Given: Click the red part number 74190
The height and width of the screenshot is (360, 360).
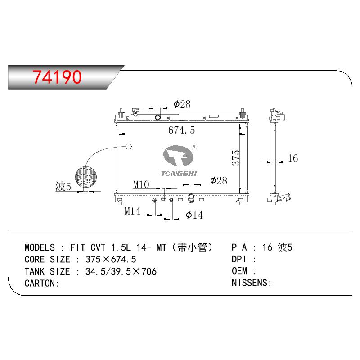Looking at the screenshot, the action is [x=57, y=76].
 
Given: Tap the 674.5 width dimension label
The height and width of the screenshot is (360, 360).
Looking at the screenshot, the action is [x=181, y=130].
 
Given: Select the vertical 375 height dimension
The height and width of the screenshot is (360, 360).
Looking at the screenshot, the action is [x=236, y=158].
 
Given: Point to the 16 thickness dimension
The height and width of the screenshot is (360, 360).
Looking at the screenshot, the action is [x=293, y=158].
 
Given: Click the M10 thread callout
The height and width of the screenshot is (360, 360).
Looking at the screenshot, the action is [x=141, y=184].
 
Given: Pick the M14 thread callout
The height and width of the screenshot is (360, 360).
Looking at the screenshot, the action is [x=132, y=211].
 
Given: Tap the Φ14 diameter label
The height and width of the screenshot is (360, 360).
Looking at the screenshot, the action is [x=194, y=215].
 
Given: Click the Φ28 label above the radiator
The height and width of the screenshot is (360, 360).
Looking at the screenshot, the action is [x=182, y=104].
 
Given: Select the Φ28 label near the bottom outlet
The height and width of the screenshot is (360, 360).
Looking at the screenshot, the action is [x=219, y=180].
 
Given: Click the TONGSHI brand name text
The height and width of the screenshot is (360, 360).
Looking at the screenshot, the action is [x=179, y=174].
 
